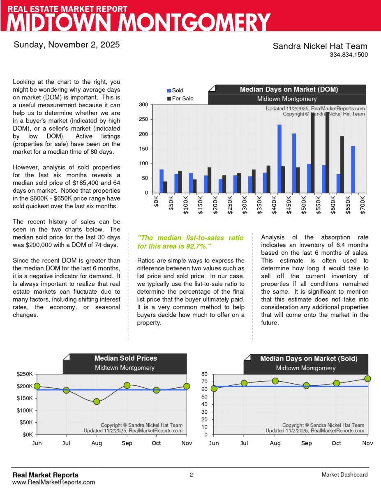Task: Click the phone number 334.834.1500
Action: coord(349,55)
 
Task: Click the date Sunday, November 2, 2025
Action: coord(67,44)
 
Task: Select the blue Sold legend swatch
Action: coord(169,90)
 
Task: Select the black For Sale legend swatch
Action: coord(169,99)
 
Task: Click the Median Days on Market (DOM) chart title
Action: coord(289,89)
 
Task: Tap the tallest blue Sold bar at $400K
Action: coord(279,159)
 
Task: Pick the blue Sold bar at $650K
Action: coord(353,169)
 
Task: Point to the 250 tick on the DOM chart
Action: coord(143,120)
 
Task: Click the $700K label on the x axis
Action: coord(363,204)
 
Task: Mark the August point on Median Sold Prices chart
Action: coord(97,401)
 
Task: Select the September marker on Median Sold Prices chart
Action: coord(127,385)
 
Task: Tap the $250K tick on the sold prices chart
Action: coord(25,374)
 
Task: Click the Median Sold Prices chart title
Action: coord(125,358)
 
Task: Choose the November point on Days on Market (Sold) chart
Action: coord(367,379)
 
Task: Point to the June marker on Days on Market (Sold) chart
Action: coord(214,389)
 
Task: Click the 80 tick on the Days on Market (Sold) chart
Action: coord(205,374)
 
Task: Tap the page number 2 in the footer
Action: coord(191,475)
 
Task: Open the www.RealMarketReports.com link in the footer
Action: coord(54,482)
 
